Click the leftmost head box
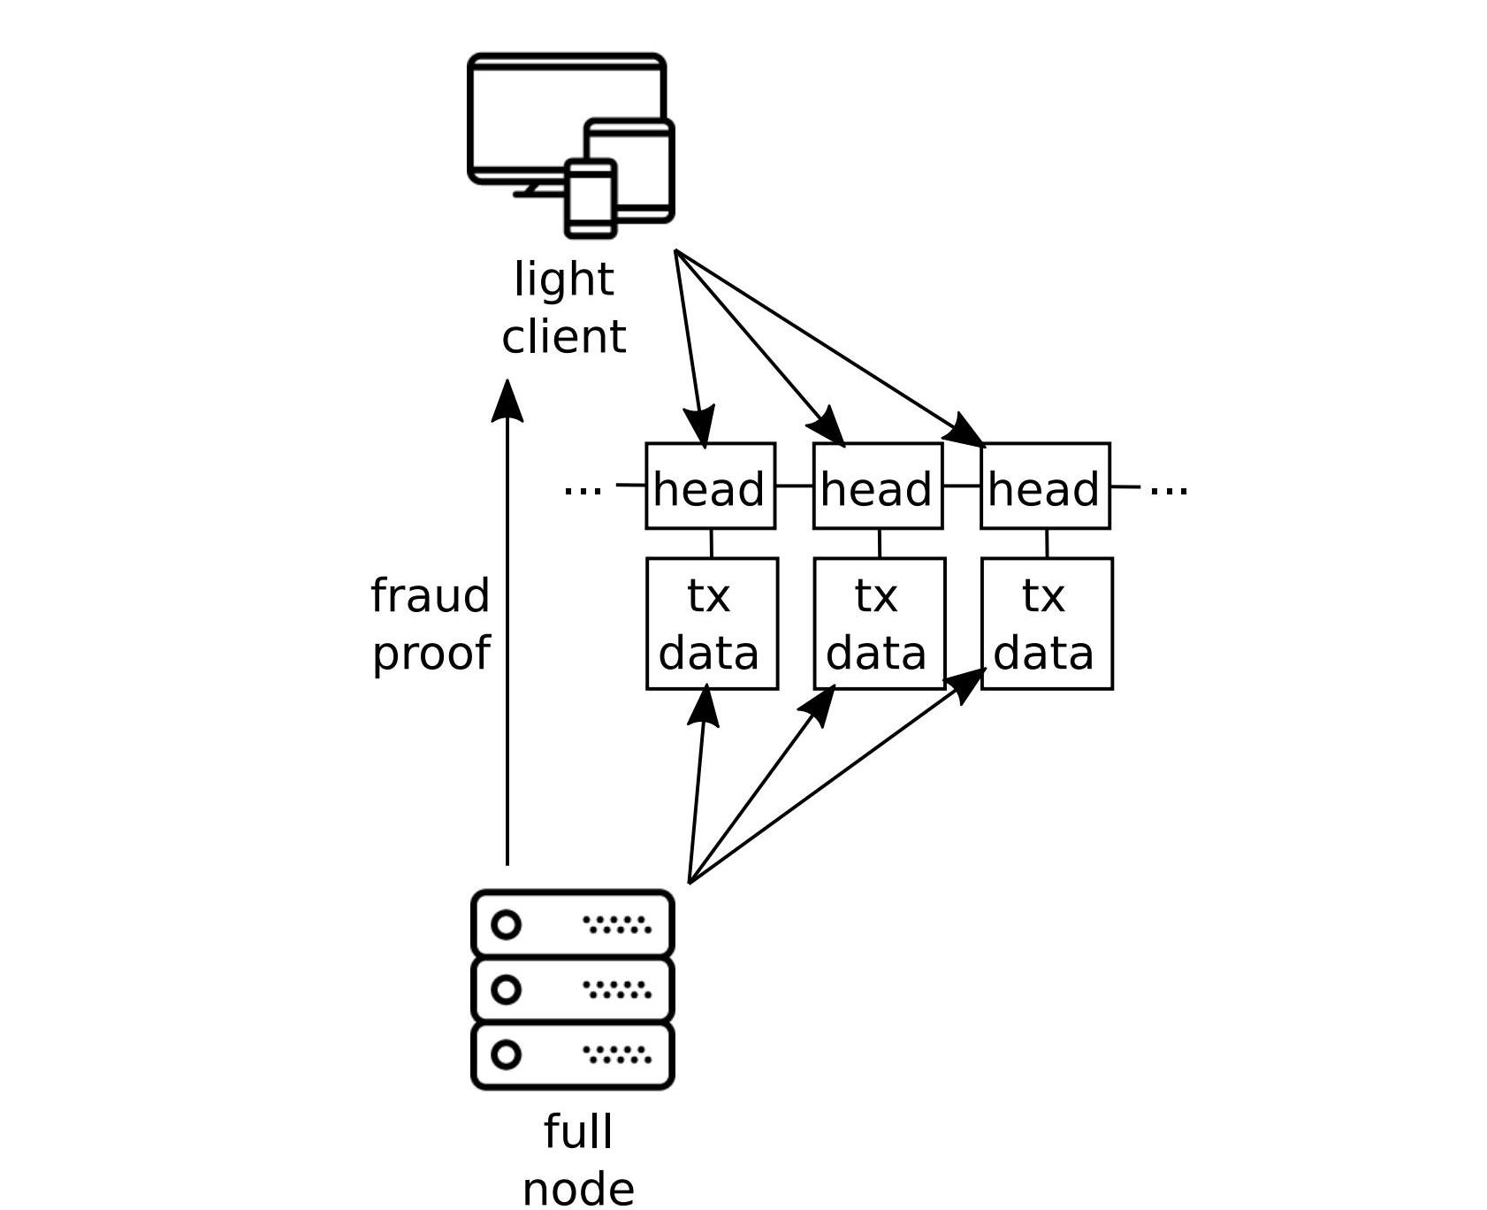(x=710, y=486)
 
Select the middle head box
(x=877, y=486)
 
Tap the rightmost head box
(x=1045, y=486)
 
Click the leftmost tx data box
(x=712, y=624)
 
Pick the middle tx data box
(x=879, y=624)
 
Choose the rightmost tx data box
(x=1046, y=624)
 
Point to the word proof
(x=431, y=654)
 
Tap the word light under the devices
(x=563, y=280)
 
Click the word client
(x=563, y=337)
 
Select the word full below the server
(x=578, y=1132)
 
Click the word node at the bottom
(x=578, y=1189)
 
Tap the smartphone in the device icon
(x=591, y=199)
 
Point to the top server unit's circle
(x=506, y=925)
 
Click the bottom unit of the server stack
(x=573, y=1055)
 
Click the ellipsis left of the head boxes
(x=583, y=489)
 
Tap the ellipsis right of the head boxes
(x=1168, y=489)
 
